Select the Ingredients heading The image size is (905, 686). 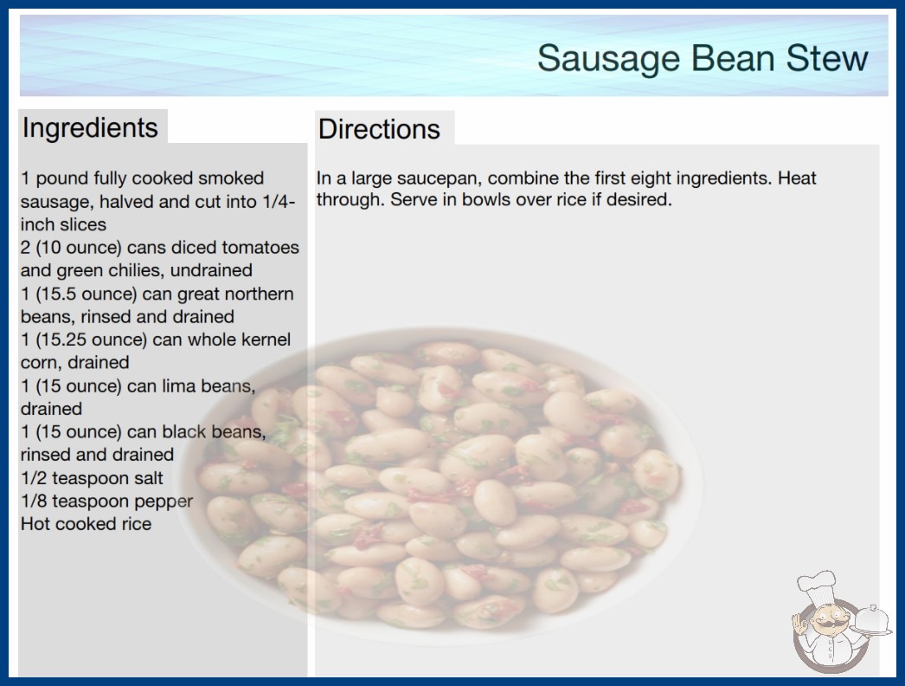(90, 128)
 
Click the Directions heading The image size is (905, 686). (379, 129)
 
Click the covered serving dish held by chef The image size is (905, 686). (871, 621)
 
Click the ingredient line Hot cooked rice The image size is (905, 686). (86, 524)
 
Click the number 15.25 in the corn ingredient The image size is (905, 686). (62, 340)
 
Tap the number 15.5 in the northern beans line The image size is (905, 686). (58, 294)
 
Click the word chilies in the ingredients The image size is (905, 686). (113, 270)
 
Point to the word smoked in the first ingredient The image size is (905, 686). (231, 178)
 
